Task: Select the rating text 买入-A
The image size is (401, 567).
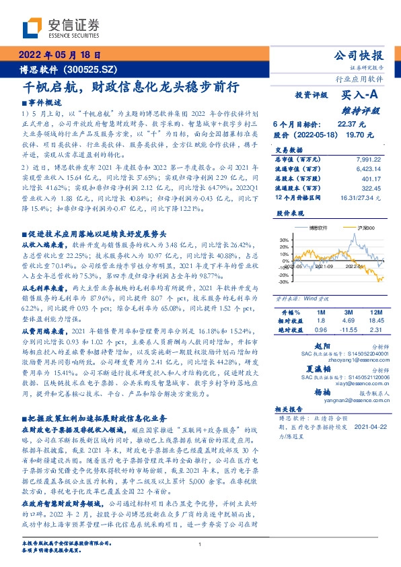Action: pyautogui.click(x=363, y=96)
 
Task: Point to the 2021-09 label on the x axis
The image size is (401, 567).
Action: pyautogui.click(x=324, y=267)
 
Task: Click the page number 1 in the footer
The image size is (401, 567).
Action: pyautogui.click(x=200, y=544)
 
